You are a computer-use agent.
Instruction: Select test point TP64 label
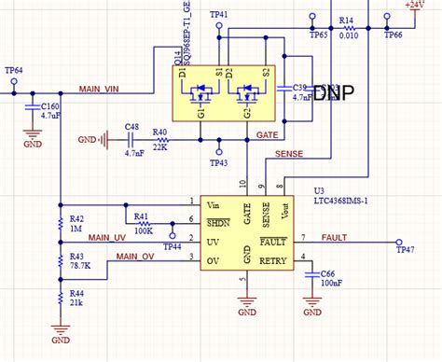coord(14,70)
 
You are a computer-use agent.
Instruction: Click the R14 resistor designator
coord(346,20)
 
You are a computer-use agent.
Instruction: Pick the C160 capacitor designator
coord(52,107)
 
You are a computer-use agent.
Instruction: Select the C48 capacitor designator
coord(131,127)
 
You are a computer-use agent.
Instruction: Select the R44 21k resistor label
coord(77,299)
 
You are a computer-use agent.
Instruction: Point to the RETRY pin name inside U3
coord(273,260)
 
